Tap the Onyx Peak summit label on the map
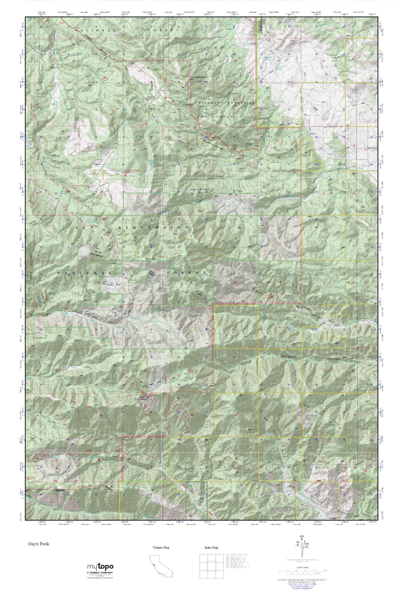pyautogui.click(x=152, y=259)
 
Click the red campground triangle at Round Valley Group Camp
pyautogui.click(x=138, y=123)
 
